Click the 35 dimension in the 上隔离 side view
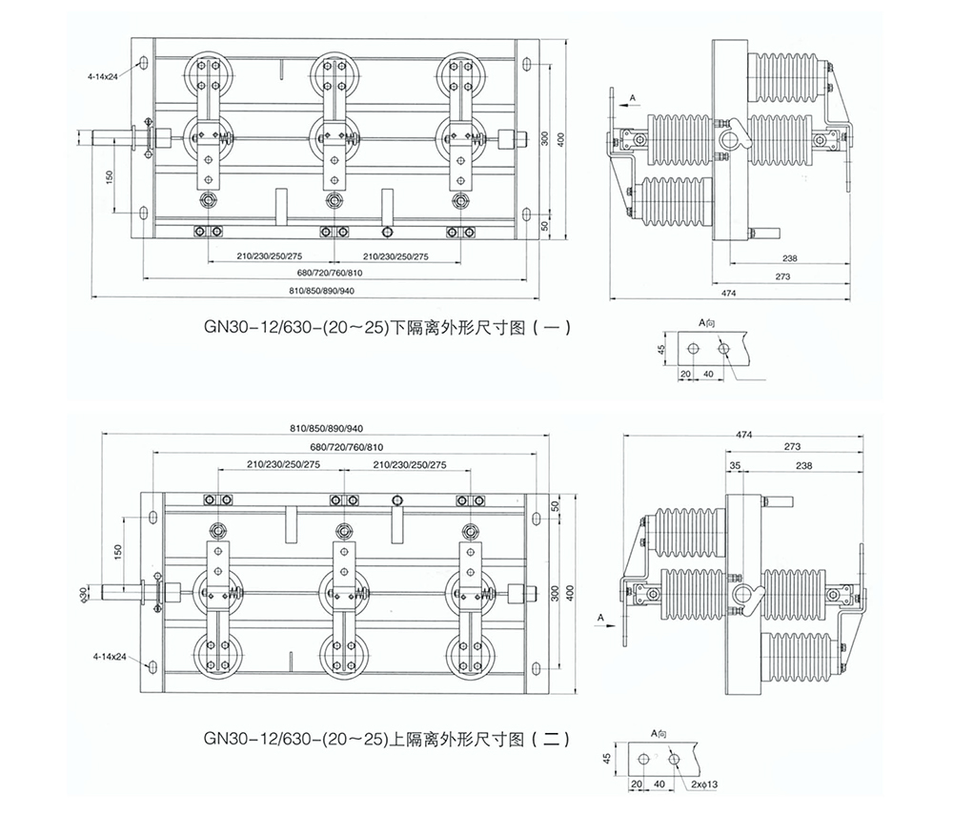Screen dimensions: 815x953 coord(734,464)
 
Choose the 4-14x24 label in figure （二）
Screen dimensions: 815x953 coord(111,658)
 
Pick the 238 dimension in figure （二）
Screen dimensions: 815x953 coord(804,464)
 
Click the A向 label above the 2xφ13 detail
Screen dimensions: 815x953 coord(659,732)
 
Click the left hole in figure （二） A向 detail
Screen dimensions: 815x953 coord(645,759)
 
